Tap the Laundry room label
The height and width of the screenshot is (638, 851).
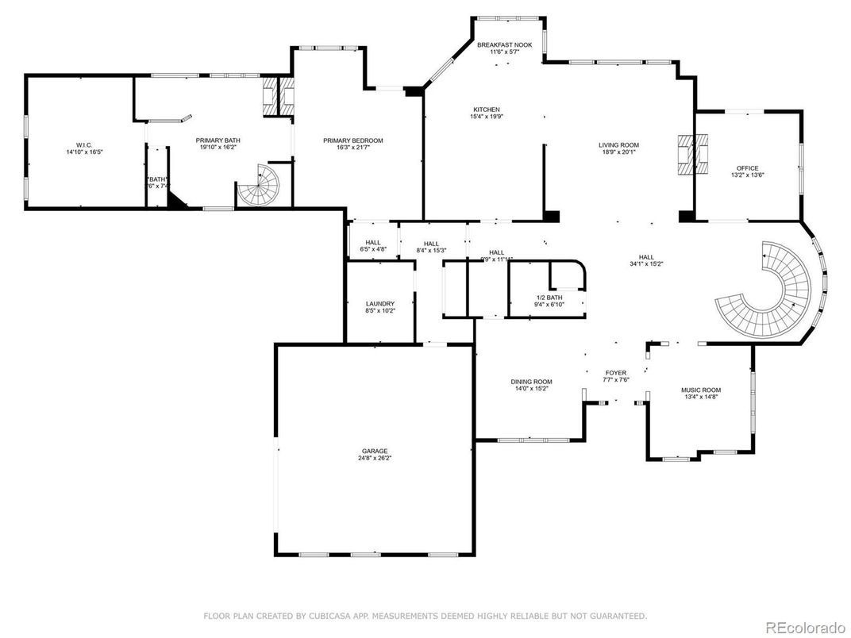point(379,303)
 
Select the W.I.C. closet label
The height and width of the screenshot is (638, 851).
point(79,144)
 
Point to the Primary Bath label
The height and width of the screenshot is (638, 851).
point(218,140)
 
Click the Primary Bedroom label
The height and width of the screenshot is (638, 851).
point(352,140)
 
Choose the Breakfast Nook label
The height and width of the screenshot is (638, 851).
point(503,45)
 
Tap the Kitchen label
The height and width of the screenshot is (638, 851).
point(487,110)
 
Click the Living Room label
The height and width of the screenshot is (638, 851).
point(618,145)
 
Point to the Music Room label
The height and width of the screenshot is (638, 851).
point(701,390)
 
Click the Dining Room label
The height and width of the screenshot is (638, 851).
point(531,382)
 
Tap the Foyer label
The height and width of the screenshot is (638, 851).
point(616,372)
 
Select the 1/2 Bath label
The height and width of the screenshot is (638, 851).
point(549,297)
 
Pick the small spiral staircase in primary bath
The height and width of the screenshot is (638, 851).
point(262,187)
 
